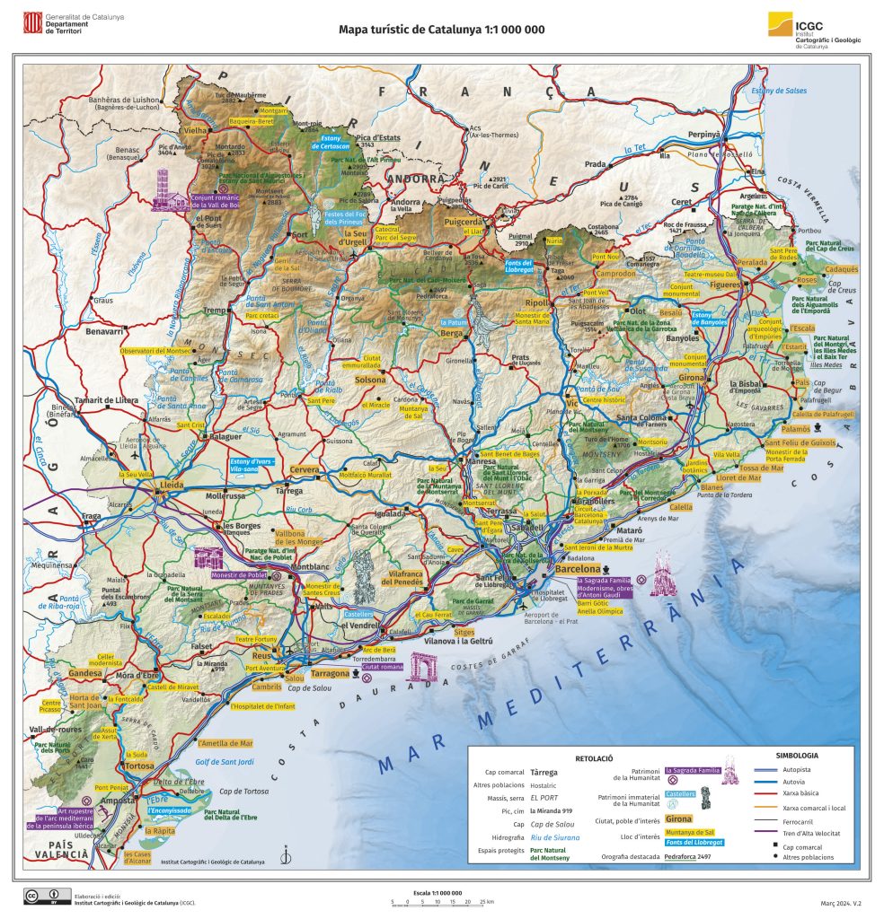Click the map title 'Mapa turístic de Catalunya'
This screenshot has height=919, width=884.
click(x=441, y=29)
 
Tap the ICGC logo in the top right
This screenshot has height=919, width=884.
click(x=781, y=25)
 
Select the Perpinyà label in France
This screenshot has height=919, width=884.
click(x=704, y=134)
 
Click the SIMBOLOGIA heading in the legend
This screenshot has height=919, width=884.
click(x=796, y=756)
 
